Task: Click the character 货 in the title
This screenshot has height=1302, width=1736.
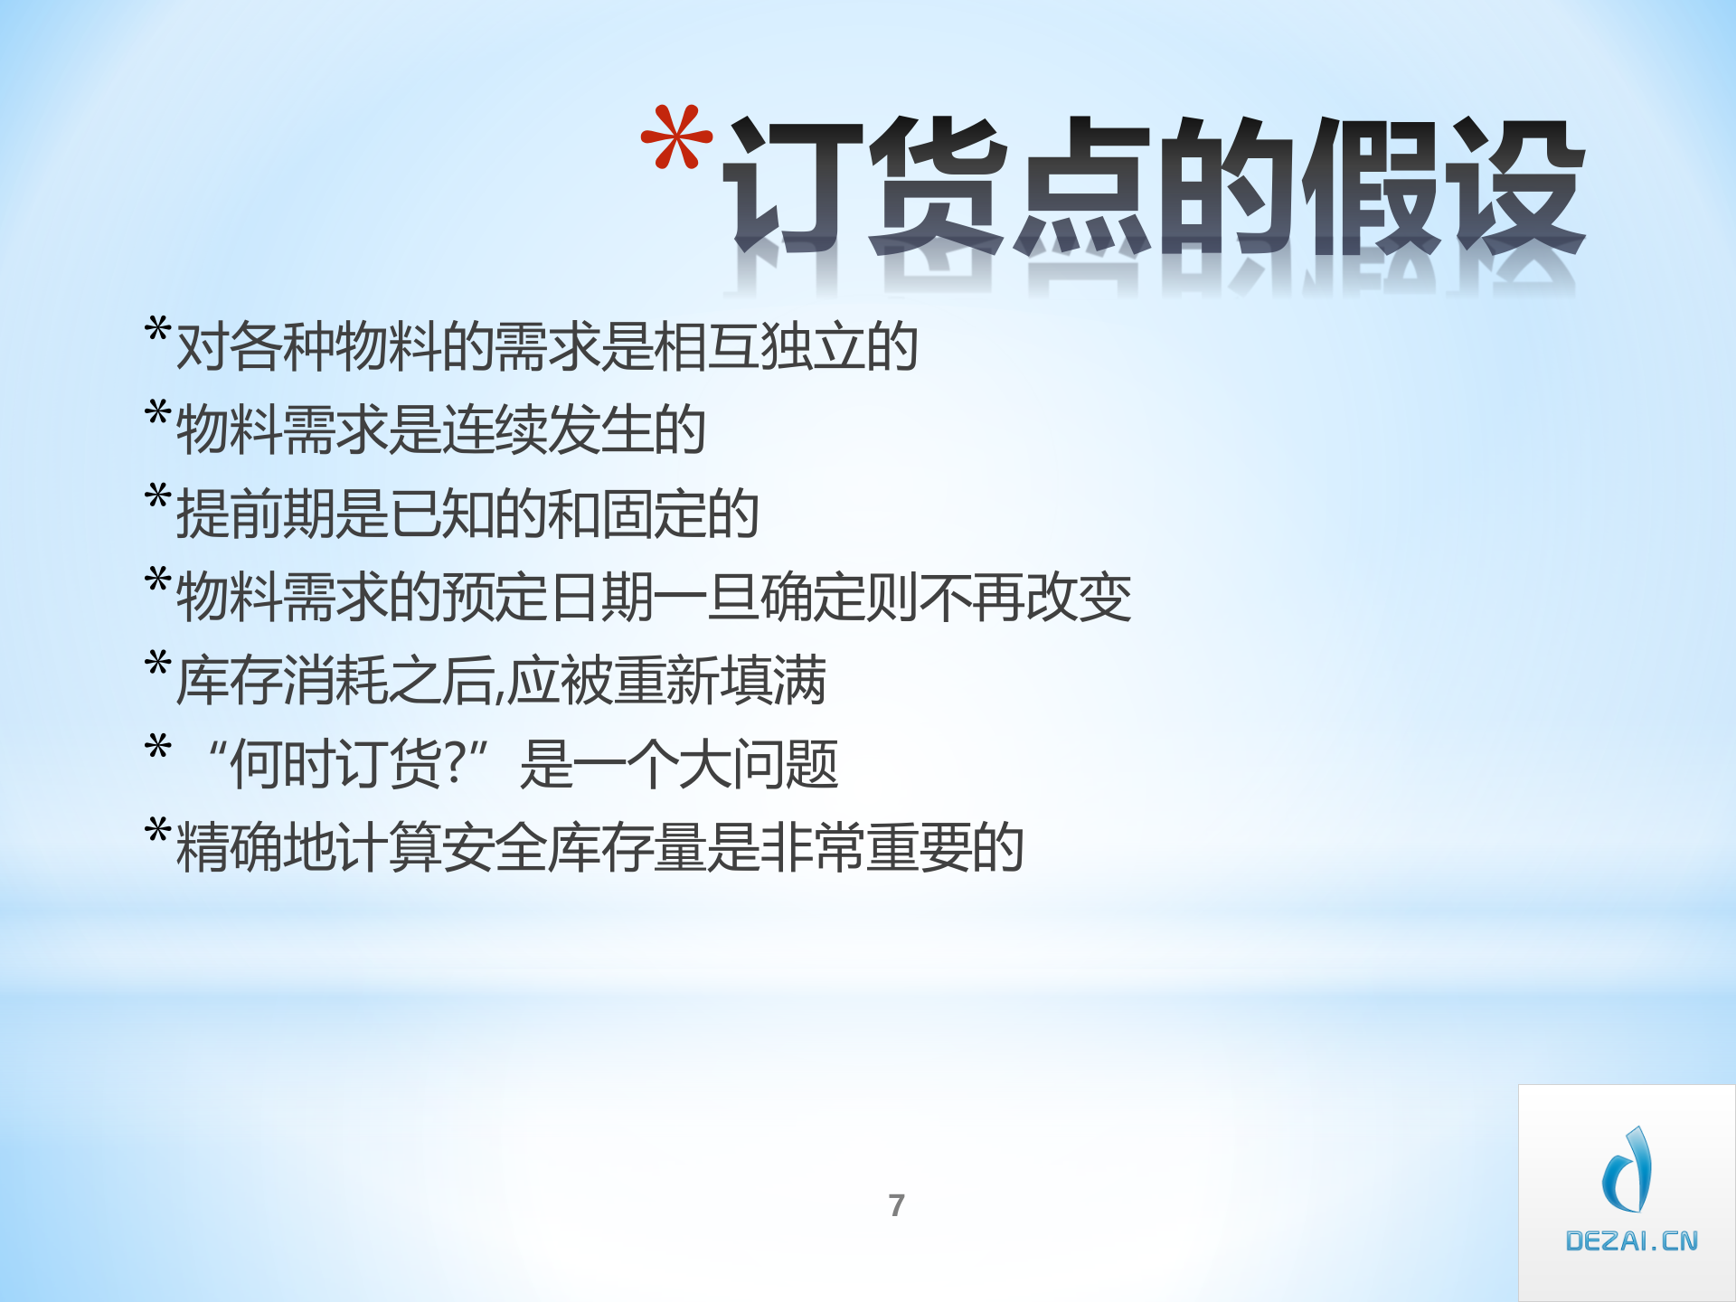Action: [939, 185]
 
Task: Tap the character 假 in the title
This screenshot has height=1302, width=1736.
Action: [1373, 185]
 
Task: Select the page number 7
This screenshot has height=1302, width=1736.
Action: [896, 1205]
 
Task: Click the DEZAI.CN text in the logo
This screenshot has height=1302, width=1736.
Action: [1631, 1241]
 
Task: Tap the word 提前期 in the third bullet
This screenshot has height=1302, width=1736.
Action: [255, 514]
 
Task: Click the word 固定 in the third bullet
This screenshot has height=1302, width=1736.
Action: [653, 514]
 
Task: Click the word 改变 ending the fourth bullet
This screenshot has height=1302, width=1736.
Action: [1078, 597]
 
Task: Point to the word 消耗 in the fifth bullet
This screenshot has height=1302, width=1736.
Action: [335, 680]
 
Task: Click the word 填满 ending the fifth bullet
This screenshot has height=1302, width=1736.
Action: [773, 680]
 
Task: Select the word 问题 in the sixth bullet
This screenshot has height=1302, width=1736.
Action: [786, 764]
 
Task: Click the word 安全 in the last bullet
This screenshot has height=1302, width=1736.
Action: [494, 847]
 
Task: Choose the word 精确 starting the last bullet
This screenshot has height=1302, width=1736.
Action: [228, 847]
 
